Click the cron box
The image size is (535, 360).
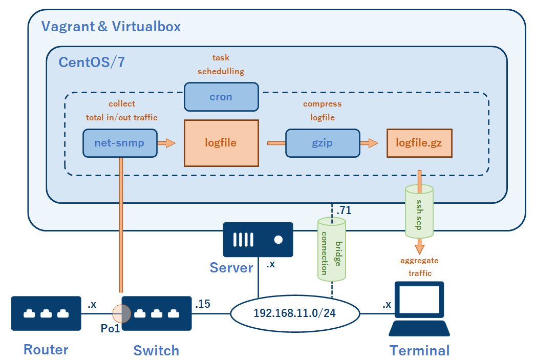pos(221,97)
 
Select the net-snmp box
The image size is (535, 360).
pos(120,142)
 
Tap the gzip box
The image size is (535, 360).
pos(322,142)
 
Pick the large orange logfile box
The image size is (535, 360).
pos(221,142)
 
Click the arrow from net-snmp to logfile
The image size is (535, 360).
pos(166,143)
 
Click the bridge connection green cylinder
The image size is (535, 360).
pos(331,249)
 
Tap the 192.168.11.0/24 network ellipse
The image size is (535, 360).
pos(294,313)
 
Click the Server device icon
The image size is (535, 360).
pos(258,239)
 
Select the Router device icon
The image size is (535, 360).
pos(46,313)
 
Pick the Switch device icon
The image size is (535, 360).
pos(156,313)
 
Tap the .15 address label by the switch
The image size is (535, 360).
pos(203,304)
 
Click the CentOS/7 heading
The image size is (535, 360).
pos(92,62)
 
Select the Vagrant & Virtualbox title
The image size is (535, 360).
pos(111,26)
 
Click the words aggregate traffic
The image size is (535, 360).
pos(419,267)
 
